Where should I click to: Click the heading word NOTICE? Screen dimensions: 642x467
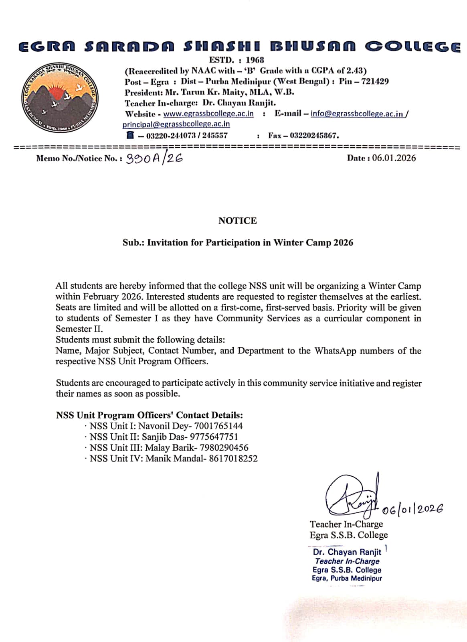[x=237, y=221]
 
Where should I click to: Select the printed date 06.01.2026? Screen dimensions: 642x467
[x=394, y=158]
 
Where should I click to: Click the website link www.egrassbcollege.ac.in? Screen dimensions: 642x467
[x=208, y=114]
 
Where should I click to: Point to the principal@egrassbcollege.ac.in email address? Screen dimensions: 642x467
[x=176, y=124]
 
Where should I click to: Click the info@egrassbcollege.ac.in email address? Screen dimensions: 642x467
[x=357, y=114]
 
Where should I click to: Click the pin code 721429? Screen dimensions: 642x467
[x=375, y=82]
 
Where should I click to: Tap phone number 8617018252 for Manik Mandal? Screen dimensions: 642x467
[x=233, y=459]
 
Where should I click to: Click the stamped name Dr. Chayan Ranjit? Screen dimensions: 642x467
[x=347, y=552]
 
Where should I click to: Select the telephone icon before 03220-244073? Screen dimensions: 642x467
[x=129, y=135]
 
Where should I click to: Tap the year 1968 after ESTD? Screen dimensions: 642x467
[x=255, y=60]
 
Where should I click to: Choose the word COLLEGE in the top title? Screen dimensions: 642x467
[x=412, y=47]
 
